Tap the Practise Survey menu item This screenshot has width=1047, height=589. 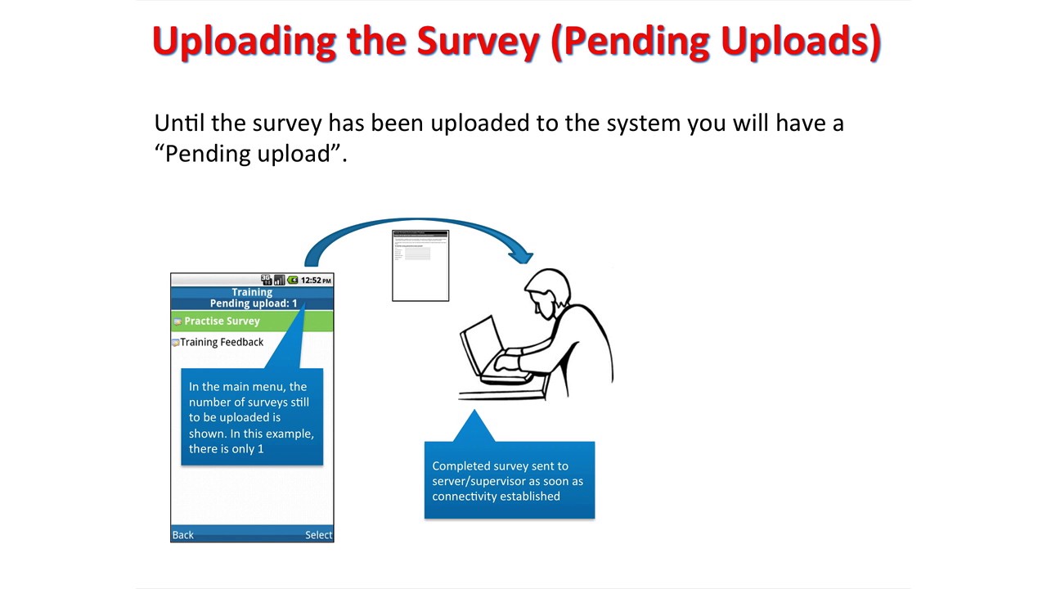(x=222, y=321)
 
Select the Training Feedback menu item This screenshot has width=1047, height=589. (x=222, y=342)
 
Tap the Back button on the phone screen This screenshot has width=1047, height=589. (x=182, y=535)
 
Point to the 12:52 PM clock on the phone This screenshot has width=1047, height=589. (x=316, y=281)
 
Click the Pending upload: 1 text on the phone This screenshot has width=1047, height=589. (x=253, y=303)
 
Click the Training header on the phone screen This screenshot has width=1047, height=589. (x=252, y=292)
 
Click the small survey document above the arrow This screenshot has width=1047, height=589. (x=420, y=266)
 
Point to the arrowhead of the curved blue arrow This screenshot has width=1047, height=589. (x=521, y=255)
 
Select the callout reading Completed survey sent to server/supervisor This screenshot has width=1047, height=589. (x=509, y=480)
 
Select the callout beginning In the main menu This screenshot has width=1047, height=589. (x=252, y=417)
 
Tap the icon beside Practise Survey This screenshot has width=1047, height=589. (x=177, y=321)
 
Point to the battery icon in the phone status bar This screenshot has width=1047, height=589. (x=293, y=281)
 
